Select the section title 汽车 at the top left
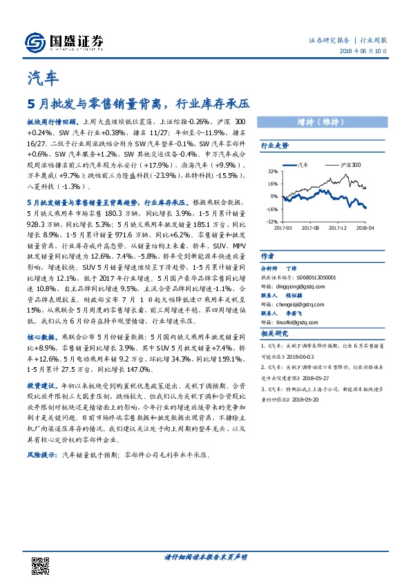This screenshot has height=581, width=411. [x=42, y=78]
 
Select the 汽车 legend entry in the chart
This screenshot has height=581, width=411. [x=303, y=166]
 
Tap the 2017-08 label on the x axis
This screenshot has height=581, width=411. [x=310, y=227]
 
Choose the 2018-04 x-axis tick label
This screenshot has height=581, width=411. [x=365, y=227]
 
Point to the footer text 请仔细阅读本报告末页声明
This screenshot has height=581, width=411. [x=205, y=557]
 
